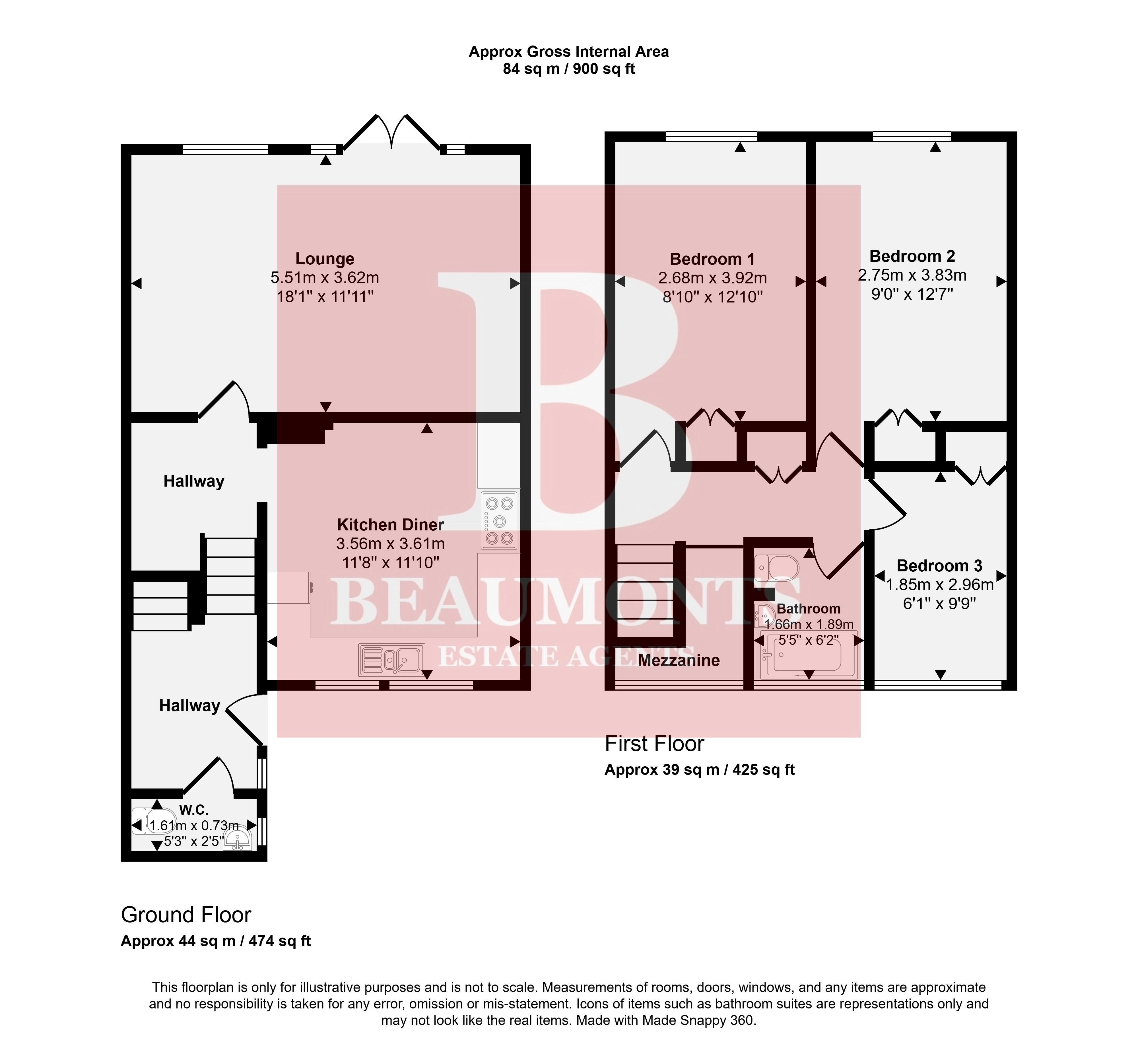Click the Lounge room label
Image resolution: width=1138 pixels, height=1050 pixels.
point(325,259)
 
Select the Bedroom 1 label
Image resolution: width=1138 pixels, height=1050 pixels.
point(712,259)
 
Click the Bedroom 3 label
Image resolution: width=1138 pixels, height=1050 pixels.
point(940,566)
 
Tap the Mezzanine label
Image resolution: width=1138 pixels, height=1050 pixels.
point(679,660)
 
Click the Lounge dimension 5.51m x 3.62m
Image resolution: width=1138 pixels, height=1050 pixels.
point(325,278)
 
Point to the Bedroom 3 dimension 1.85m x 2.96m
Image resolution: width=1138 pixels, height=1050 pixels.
point(940,585)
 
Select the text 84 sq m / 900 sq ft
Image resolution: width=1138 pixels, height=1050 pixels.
point(569,69)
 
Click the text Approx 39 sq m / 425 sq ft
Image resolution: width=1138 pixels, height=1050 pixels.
point(699,770)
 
